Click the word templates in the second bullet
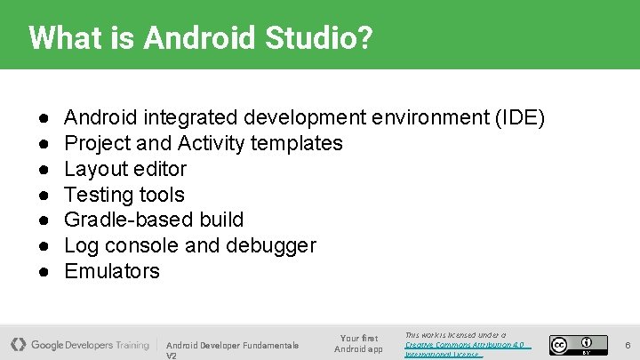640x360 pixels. [296, 143]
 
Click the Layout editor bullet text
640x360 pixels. [125, 169]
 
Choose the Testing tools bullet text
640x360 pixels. [124, 195]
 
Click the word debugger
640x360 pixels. [272, 245]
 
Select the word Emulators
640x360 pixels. [112, 271]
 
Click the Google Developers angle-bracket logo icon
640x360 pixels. [18, 344]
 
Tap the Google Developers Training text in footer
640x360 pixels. [90, 345]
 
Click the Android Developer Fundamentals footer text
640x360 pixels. [232, 345]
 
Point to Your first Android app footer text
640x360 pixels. [358, 343]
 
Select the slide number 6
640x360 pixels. [627, 345]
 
